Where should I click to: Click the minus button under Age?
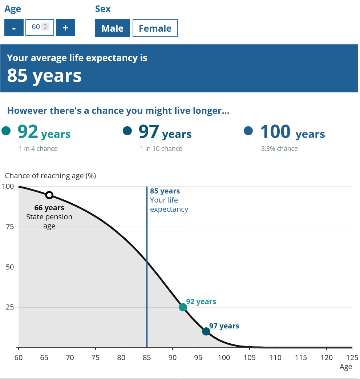[14, 28]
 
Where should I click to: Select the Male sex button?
[112, 28]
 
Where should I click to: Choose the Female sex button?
[155, 28]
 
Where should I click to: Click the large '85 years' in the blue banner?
[44, 75]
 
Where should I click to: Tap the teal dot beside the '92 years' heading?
[6, 131]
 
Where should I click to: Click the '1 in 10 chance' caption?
[161, 148]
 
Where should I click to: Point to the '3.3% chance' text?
[279, 148]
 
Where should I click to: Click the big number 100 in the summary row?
[275, 132]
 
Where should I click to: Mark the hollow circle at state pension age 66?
[49, 195]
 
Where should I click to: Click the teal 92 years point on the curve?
[183, 307]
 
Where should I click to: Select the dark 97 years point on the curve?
[206, 331]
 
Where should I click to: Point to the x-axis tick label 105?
[250, 358]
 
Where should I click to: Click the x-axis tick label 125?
[352, 358]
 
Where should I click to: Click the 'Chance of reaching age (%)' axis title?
[50, 176]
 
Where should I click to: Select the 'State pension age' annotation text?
[49, 221]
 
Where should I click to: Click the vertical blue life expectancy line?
[147, 255]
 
